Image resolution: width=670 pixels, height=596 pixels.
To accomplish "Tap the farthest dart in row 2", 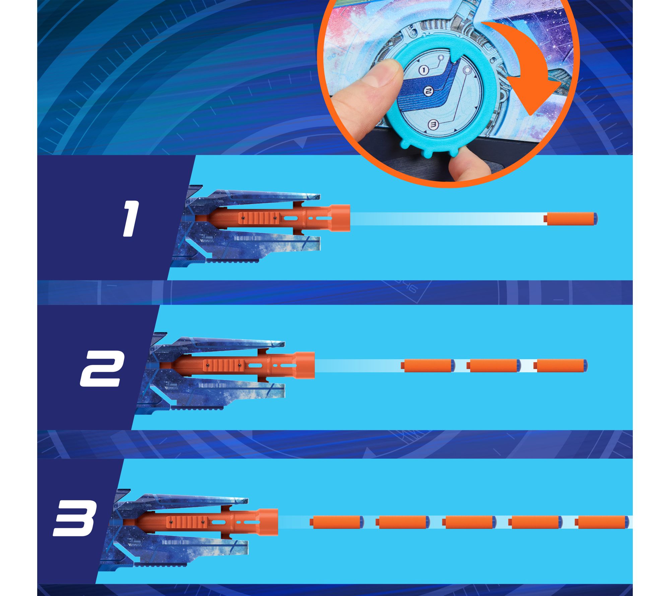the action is pos(560,365).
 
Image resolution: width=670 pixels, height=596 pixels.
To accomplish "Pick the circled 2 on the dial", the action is pos(428,91).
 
